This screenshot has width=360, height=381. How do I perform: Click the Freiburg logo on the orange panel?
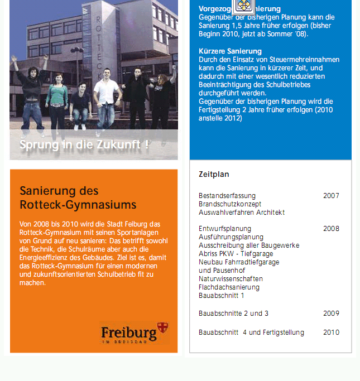(x=134, y=332)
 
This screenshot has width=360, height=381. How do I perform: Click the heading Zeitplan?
(x=214, y=175)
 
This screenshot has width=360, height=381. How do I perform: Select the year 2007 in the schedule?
(x=330, y=196)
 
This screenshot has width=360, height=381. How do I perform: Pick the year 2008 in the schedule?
(x=330, y=229)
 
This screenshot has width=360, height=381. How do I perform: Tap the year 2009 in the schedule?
(x=330, y=314)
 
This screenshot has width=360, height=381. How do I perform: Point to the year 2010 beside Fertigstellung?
(x=330, y=332)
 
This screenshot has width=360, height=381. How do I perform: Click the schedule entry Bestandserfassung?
(x=227, y=196)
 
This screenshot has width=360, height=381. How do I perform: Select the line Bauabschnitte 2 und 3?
(x=233, y=314)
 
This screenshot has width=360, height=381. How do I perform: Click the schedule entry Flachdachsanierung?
(x=229, y=287)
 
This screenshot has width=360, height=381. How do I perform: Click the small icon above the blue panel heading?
(x=243, y=6)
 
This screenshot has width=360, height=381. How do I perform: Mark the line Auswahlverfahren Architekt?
(x=241, y=213)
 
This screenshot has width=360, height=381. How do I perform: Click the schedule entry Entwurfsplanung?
(x=225, y=229)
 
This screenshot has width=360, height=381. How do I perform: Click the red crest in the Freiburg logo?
(x=162, y=327)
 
